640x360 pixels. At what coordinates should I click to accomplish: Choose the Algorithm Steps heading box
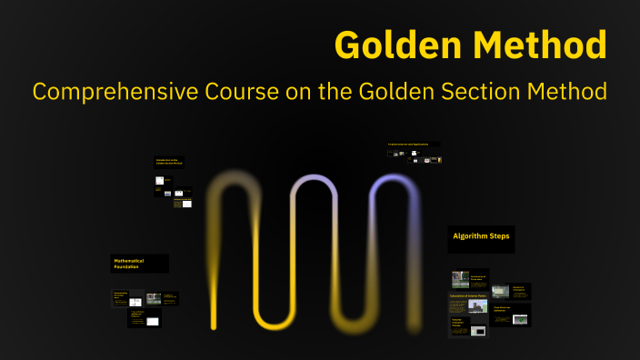pyautogui.click(x=481, y=238)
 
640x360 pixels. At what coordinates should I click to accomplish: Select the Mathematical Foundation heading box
pyautogui.click(x=139, y=264)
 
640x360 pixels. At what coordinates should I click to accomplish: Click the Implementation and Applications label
pyautogui.click(x=414, y=145)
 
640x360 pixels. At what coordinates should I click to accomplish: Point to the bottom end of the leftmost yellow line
pyautogui.click(x=214, y=325)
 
